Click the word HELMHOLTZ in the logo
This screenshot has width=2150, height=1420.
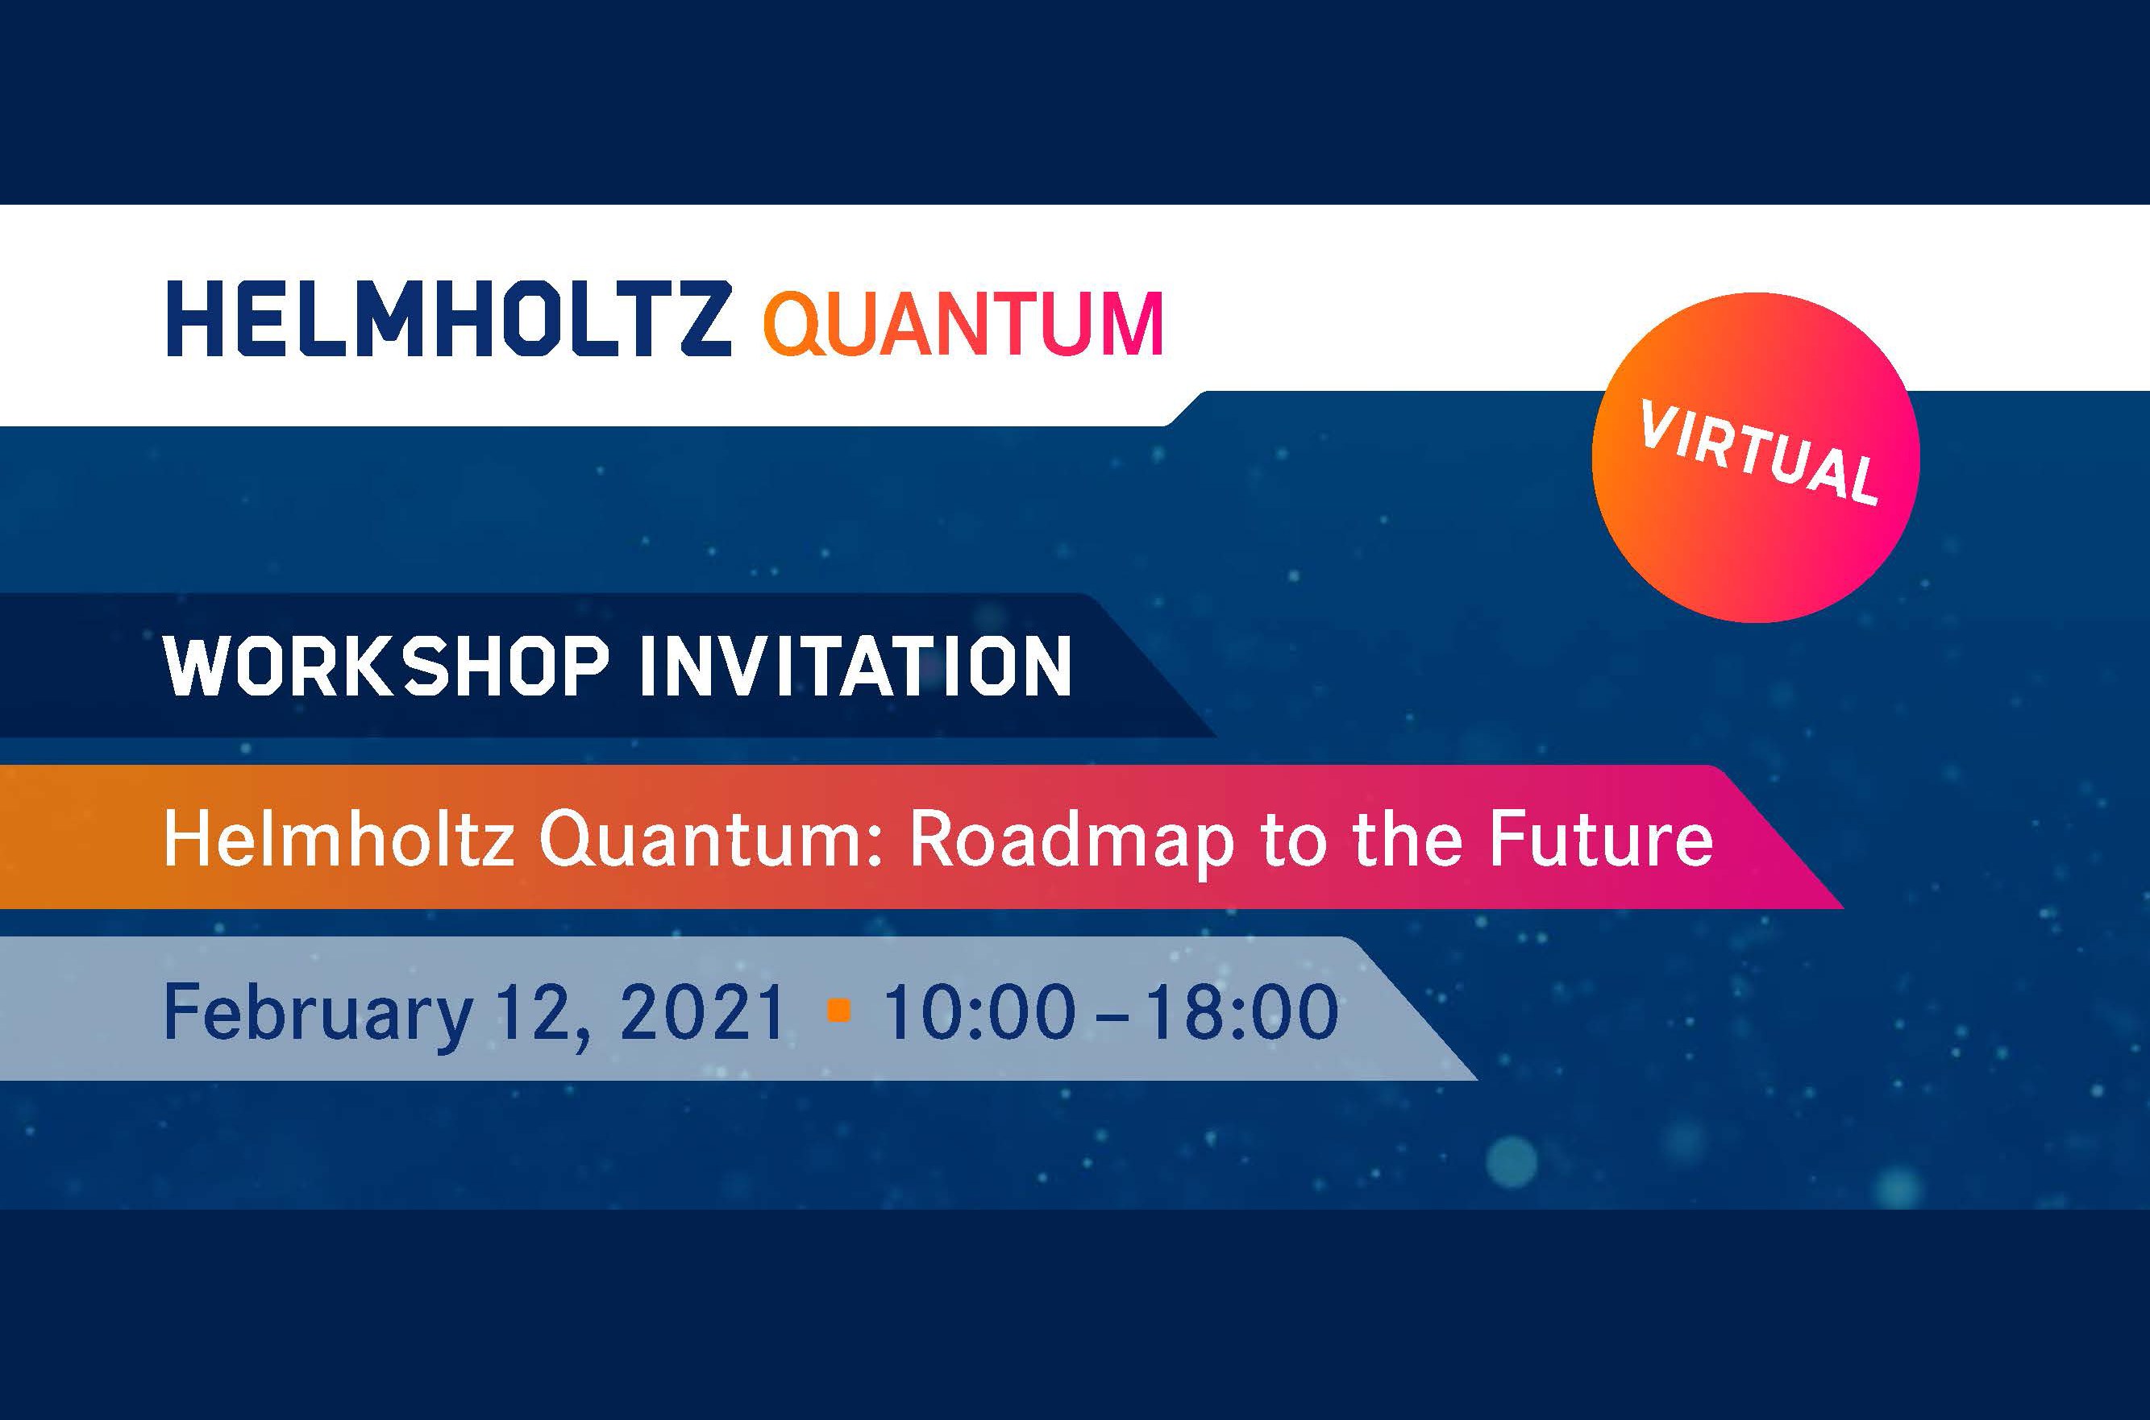pos(448,319)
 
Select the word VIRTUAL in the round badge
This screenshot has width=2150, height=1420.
pos(1757,455)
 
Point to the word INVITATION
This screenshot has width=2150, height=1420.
pos(856,667)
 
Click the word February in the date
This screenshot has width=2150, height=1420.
pos(317,1015)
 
